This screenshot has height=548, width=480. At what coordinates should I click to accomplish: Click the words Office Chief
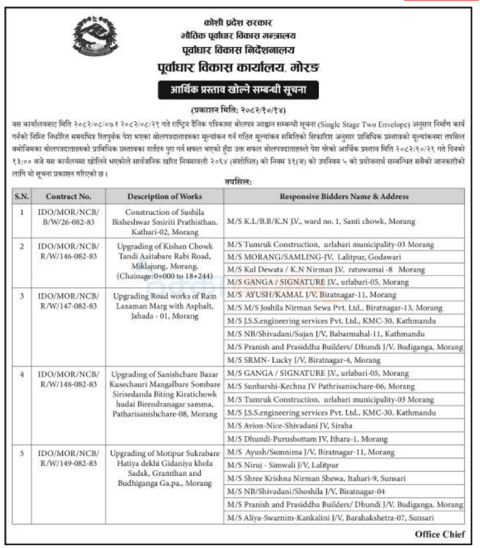pyautogui.click(x=440, y=534)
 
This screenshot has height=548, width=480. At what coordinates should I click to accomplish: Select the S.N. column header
pyautogui.click(x=22, y=196)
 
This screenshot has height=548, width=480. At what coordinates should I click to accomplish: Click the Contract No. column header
pyautogui.click(x=68, y=196)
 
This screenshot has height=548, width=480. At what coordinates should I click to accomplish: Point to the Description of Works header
pyautogui.click(x=165, y=196)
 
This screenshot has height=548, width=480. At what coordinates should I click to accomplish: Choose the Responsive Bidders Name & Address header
pyautogui.click(x=344, y=196)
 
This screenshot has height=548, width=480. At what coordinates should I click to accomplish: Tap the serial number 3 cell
pyautogui.click(x=22, y=296)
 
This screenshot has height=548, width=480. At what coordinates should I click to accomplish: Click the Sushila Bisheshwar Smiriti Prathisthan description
pyautogui.click(x=165, y=221)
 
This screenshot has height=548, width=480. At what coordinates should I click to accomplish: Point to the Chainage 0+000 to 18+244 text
pyautogui.click(x=165, y=276)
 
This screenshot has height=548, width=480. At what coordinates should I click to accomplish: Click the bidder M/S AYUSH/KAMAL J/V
pyautogui.click(x=311, y=295)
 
